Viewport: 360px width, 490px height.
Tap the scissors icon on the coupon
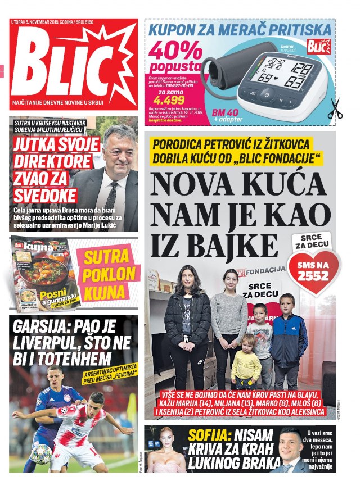pyautogui.click(x=335, y=108)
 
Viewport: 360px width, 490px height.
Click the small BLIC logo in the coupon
pyautogui.click(x=318, y=47)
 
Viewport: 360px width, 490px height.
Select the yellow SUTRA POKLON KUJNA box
pyautogui.click(x=110, y=274)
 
